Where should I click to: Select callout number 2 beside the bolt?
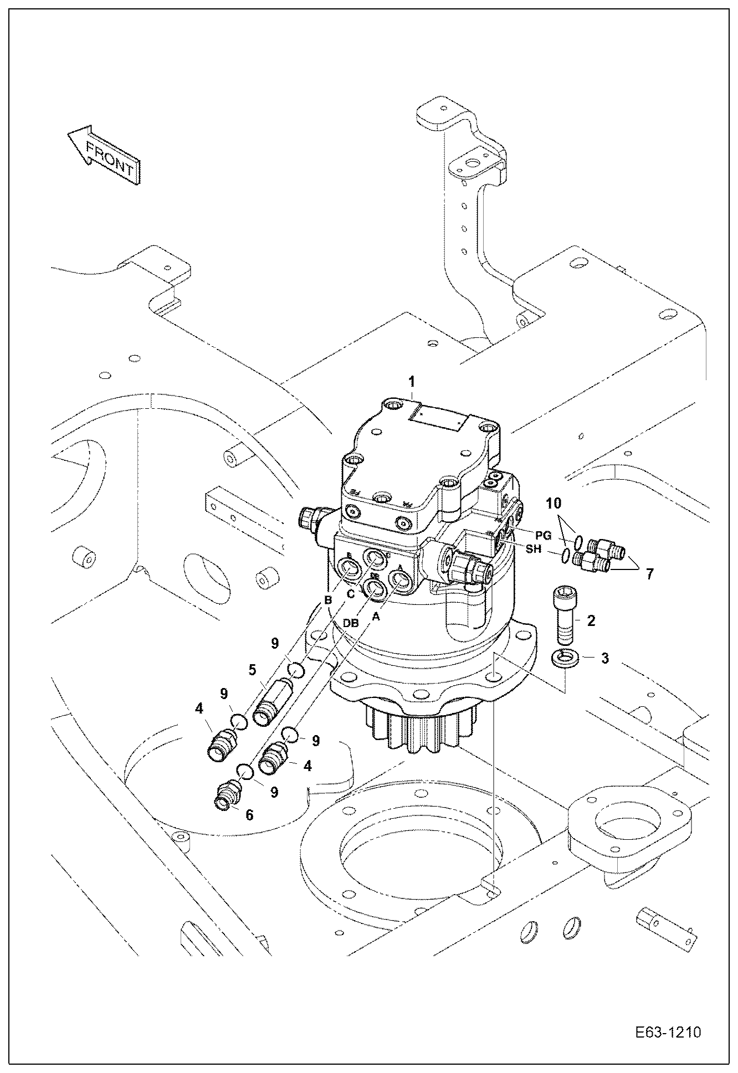click(591, 620)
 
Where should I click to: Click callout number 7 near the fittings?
click(649, 573)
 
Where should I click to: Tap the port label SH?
click(534, 550)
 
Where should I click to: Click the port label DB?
click(351, 623)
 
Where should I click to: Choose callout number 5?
click(252, 670)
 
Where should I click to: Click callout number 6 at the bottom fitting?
click(249, 814)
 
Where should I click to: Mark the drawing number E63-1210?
click(668, 1033)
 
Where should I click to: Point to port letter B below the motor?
click(328, 600)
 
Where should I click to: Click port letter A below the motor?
click(377, 615)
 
